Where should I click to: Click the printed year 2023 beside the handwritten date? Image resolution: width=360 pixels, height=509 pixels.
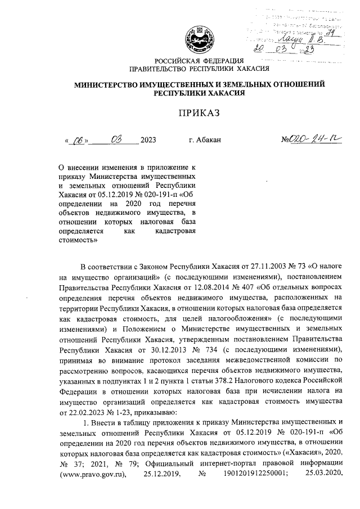(148, 140)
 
